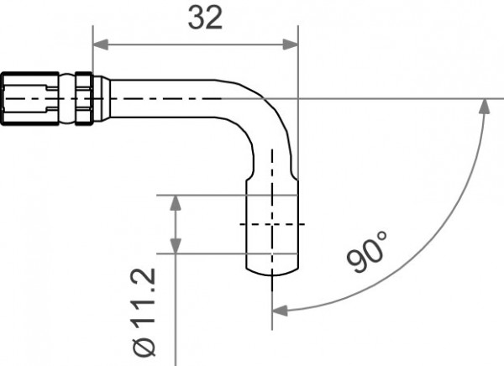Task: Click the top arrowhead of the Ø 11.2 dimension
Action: pos(175,201)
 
